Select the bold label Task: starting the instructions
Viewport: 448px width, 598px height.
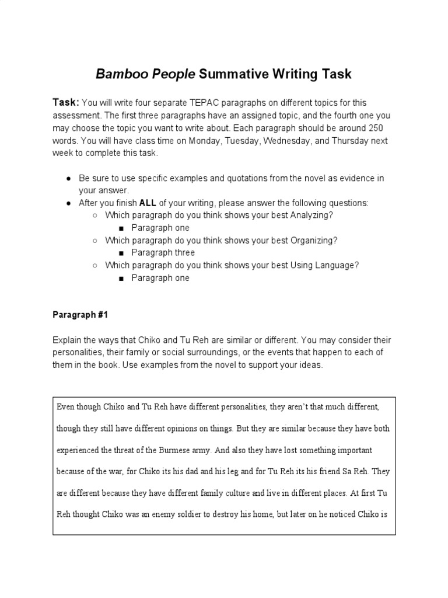[66, 102]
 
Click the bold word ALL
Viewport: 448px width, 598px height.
[148, 203]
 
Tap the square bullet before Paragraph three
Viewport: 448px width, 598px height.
[120, 253]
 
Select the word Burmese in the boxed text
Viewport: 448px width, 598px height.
[169, 450]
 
